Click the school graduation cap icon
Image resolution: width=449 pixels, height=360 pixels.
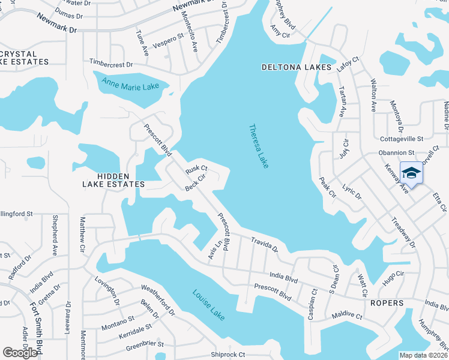(x=411, y=173)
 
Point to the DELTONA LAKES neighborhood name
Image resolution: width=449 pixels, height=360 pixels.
(x=297, y=67)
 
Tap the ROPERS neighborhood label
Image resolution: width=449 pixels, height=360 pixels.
(x=387, y=303)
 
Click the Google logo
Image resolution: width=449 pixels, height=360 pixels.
(x=20, y=353)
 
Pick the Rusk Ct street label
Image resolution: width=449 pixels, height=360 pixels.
(x=196, y=170)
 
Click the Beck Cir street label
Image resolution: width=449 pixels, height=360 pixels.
(x=196, y=182)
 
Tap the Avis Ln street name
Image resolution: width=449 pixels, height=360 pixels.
(x=211, y=251)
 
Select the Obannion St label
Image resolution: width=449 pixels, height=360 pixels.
(x=396, y=153)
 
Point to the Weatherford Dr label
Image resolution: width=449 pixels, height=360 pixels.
(x=158, y=301)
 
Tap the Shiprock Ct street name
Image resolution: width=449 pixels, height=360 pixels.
(x=228, y=355)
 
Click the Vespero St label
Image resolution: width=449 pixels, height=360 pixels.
(x=168, y=38)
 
